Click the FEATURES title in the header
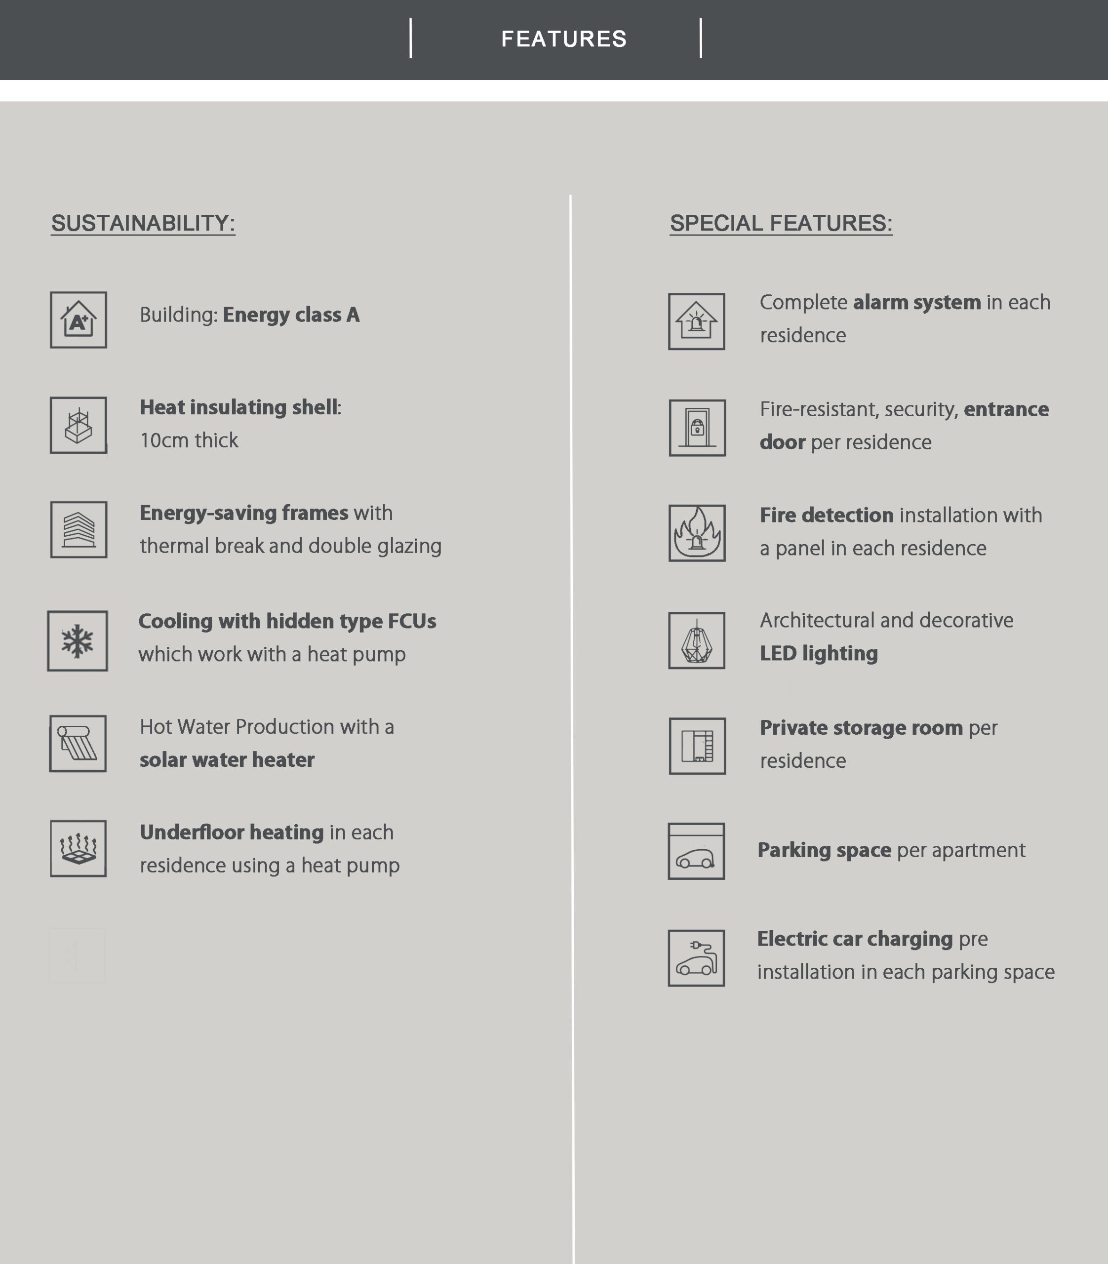click(x=563, y=39)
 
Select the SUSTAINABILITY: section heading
click(x=143, y=223)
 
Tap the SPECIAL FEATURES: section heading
click(x=781, y=223)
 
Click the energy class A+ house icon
click(x=79, y=320)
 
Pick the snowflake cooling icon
click(x=78, y=641)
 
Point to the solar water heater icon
click(x=78, y=743)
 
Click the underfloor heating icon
click(x=79, y=848)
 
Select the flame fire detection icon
click(x=697, y=533)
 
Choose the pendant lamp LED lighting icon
click(x=697, y=641)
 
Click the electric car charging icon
click(x=696, y=958)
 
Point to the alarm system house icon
click(x=697, y=321)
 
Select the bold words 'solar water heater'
click(x=227, y=760)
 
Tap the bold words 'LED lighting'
click(x=819, y=654)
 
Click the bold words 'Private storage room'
click(x=861, y=728)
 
